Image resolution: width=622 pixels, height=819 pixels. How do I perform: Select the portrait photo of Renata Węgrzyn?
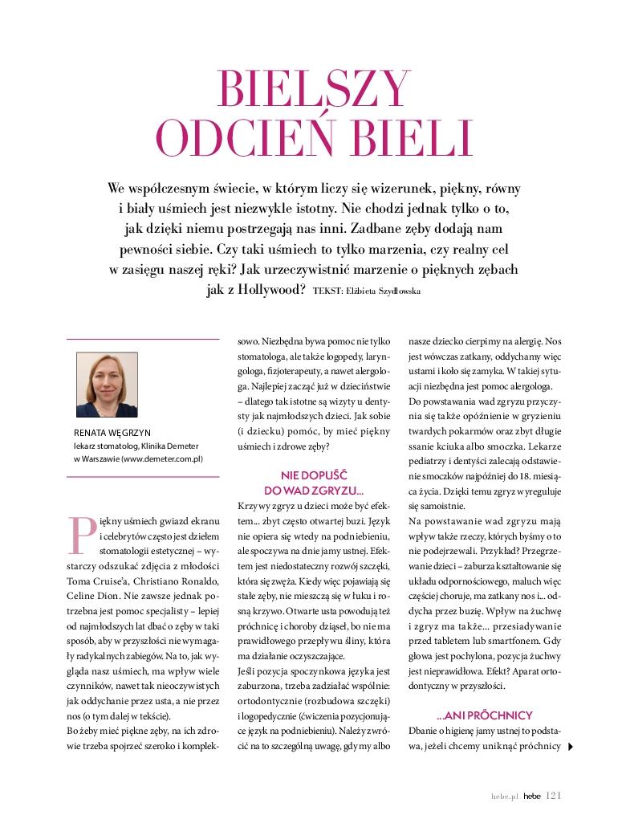tap(108, 385)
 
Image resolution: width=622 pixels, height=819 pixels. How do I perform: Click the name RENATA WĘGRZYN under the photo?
tap(112, 431)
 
